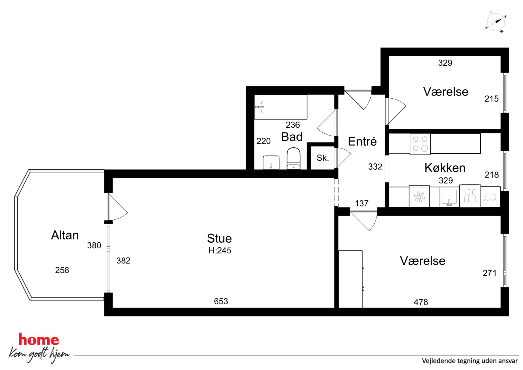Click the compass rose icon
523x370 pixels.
[496, 22]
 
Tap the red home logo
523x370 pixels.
[39, 340]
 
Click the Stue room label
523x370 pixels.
[219, 238]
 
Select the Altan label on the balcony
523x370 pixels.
[65, 235]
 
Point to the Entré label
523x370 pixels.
[362, 141]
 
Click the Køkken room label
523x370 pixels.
[445, 168]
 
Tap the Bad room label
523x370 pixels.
[292, 137]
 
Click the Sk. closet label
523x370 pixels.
[323, 158]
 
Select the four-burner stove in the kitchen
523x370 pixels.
[420, 144]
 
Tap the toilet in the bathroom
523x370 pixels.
[293, 158]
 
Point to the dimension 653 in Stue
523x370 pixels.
[221, 301]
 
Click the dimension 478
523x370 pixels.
[421, 302]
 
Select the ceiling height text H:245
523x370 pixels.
[220, 251]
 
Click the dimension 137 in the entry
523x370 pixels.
[362, 203]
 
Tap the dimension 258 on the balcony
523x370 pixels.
[62, 270]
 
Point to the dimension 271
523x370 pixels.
[490, 273]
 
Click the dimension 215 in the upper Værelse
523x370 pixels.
[491, 99]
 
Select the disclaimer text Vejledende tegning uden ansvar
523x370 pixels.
[470, 361]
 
